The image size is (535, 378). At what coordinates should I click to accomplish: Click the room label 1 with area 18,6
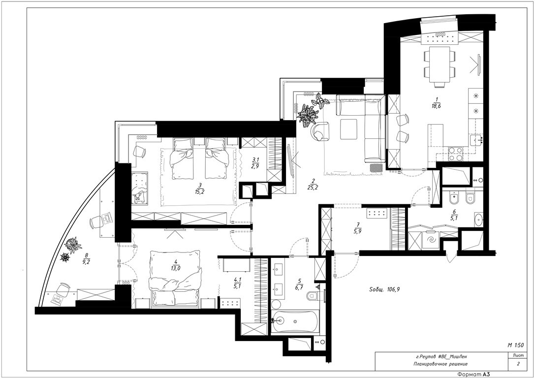(435, 102)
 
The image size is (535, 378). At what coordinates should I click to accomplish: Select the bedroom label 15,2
(200, 189)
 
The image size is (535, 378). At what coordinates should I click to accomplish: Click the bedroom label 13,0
(176, 265)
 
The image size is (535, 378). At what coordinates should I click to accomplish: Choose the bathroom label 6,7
(299, 284)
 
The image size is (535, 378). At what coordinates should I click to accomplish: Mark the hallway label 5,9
(358, 227)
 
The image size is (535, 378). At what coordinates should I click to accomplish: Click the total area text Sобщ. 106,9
(385, 289)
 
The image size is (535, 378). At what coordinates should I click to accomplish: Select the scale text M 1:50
(515, 345)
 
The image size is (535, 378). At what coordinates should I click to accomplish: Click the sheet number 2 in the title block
(518, 364)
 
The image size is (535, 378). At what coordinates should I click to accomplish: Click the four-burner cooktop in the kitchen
(455, 154)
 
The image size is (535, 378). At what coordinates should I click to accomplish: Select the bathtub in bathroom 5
(295, 321)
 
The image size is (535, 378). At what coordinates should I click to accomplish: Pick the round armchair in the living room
(320, 131)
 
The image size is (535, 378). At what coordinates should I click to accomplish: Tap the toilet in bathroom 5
(313, 296)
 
